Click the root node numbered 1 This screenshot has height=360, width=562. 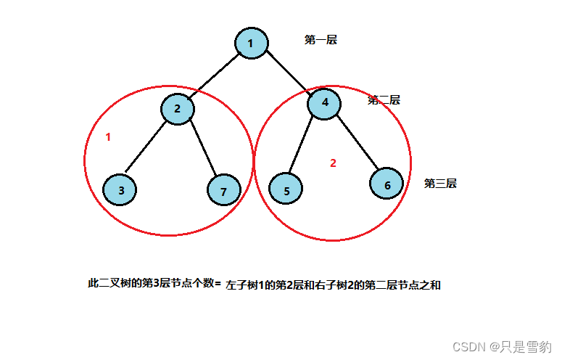coord(251,43)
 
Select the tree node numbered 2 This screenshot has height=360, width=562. coord(177,109)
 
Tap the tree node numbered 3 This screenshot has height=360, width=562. coord(121,190)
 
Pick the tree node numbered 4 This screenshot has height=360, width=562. coord(324,103)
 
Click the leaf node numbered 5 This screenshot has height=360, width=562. coord(286,191)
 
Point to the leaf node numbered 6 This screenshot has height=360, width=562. coord(387,184)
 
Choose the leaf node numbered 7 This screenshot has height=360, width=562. coord(223,192)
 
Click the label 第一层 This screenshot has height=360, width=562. coord(321,40)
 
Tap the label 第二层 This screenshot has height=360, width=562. coord(384,100)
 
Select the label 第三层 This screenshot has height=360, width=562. coord(440,184)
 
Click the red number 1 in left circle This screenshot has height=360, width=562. coord(108,137)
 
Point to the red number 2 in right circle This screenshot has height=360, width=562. coord(333,163)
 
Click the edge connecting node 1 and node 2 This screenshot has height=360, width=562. coord(215,75)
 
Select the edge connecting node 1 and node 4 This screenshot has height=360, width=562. coord(288,73)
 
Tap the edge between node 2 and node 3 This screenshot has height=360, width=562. coord(149,149)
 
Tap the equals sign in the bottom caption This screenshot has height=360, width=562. coord(218,284)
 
